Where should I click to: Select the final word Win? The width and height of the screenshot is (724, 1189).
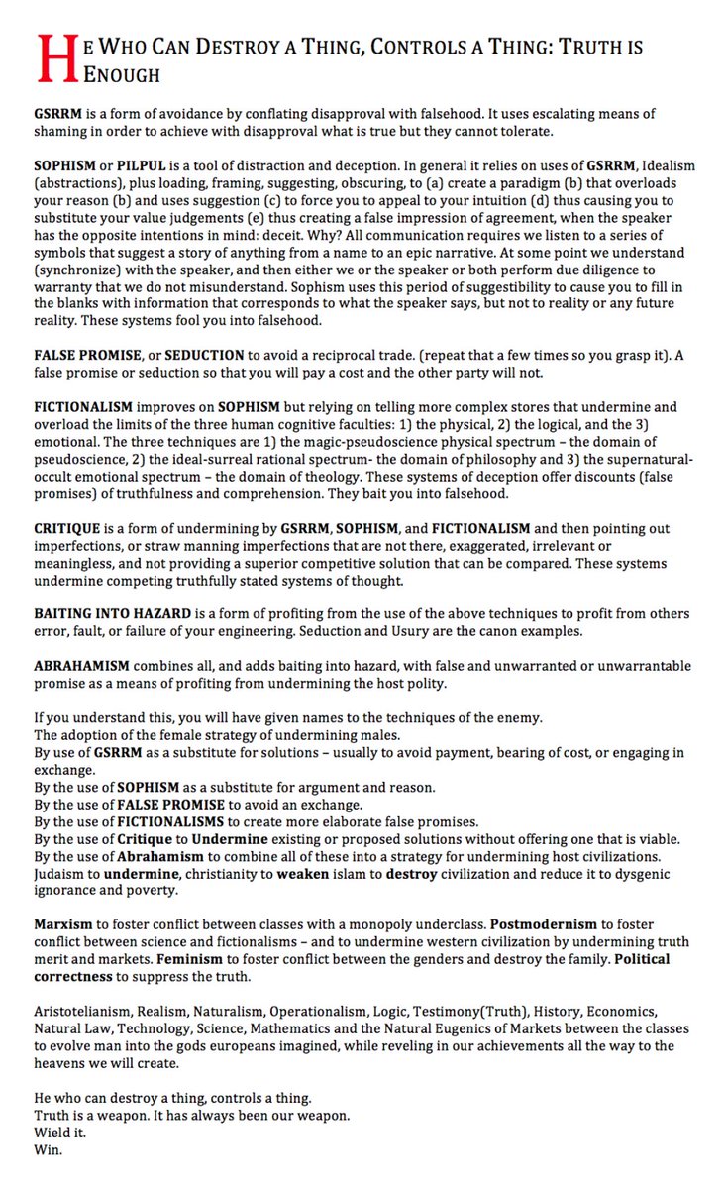[x=48, y=1150]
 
